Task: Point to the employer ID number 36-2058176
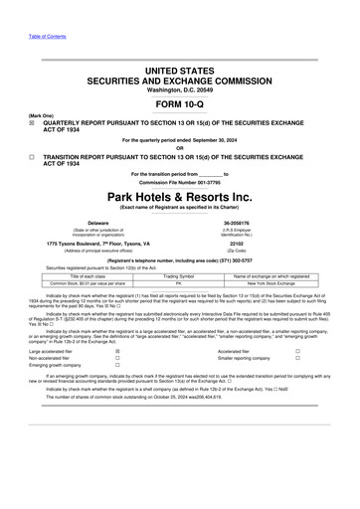click(264, 223)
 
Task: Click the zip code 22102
click(264, 243)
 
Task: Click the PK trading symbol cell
click(179, 283)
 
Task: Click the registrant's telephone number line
click(179, 258)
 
